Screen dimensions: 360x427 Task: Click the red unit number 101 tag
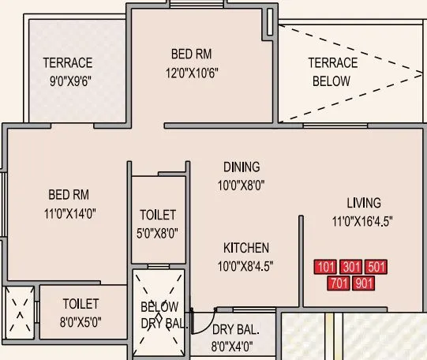(326, 267)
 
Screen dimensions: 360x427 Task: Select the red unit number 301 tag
(351, 267)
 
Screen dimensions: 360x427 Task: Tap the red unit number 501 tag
(376, 267)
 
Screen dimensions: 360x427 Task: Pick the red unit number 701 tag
(339, 282)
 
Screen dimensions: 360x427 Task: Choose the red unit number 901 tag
(364, 282)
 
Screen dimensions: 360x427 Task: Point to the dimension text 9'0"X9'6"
(67, 80)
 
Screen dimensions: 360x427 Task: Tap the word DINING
(241, 167)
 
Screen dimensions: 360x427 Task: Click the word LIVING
(363, 202)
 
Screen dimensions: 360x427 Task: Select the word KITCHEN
(245, 248)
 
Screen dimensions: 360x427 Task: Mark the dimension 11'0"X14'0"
(72, 212)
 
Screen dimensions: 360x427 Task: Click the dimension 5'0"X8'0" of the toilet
(158, 233)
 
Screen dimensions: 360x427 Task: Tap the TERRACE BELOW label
(332, 72)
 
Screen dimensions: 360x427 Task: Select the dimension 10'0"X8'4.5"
(246, 265)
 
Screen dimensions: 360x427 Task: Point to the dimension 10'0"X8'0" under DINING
(241, 186)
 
